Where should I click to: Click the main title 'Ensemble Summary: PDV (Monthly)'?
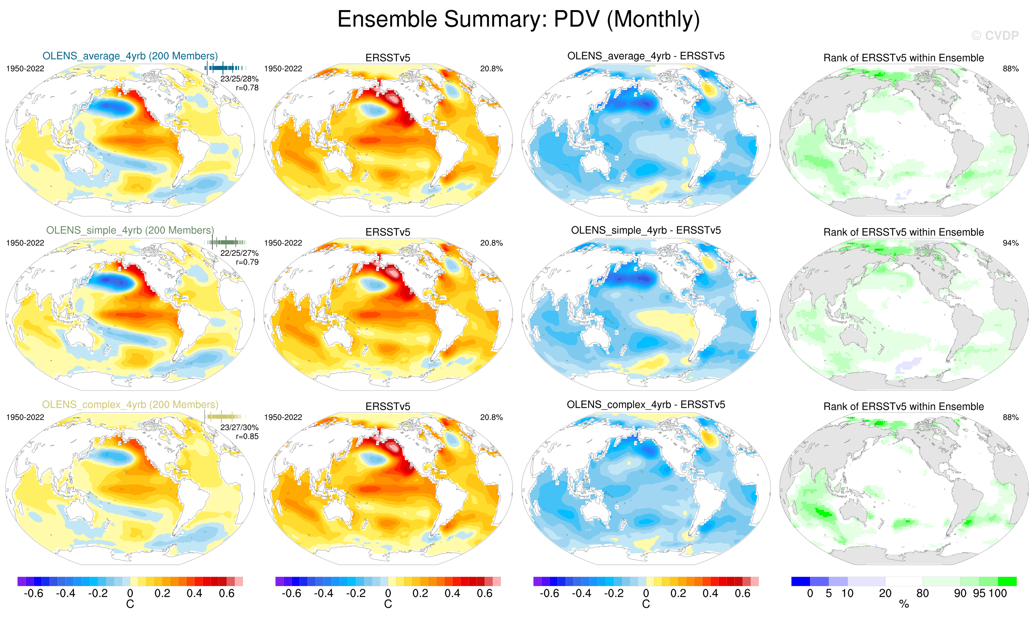pyautogui.click(x=518, y=19)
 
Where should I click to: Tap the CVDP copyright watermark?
pyautogui.click(x=995, y=36)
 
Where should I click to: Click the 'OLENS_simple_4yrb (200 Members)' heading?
pyautogui.click(x=130, y=230)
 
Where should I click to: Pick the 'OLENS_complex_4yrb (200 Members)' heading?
pyautogui.click(x=130, y=405)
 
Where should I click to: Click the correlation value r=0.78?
pyautogui.click(x=247, y=88)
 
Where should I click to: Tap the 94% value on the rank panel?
pyautogui.click(x=1010, y=243)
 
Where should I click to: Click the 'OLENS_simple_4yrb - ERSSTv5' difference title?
pyautogui.click(x=646, y=230)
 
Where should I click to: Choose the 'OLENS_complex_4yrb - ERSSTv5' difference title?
pyautogui.click(x=646, y=405)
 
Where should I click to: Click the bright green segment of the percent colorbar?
pyautogui.click(x=1007, y=581)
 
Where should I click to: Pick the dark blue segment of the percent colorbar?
pyautogui.click(x=800, y=581)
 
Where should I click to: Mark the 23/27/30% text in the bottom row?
pyautogui.click(x=239, y=428)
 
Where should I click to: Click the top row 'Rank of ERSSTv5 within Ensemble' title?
pyautogui.click(x=903, y=58)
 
